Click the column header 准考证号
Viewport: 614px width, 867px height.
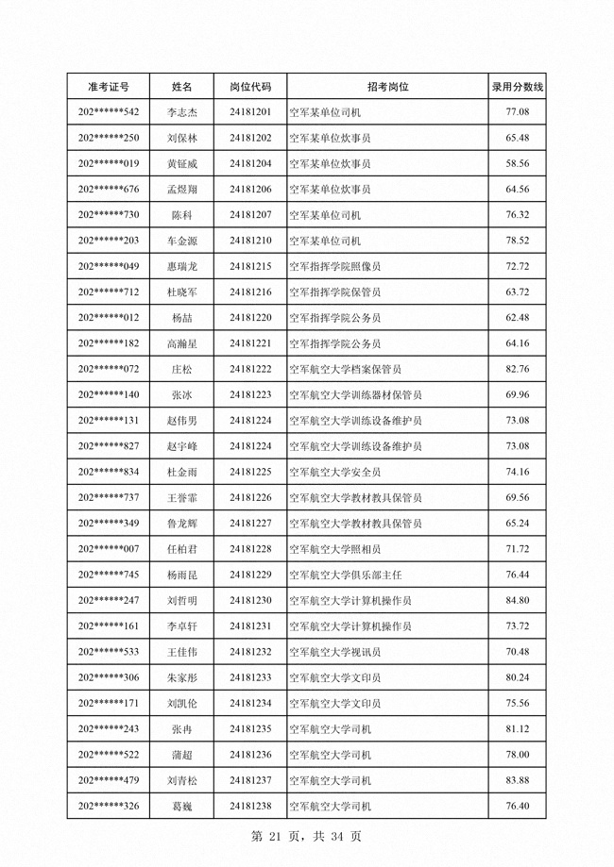(109, 87)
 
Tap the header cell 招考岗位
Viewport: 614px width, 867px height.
(387, 87)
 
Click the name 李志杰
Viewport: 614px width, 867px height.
(182, 112)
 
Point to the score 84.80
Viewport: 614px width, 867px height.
(517, 600)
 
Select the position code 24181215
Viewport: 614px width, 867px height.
(250, 266)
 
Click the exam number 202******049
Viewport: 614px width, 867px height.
(109, 266)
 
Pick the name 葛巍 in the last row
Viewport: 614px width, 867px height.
(182, 806)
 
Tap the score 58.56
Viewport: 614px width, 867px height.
(517, 163)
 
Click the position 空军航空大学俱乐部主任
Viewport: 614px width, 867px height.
(350, 575)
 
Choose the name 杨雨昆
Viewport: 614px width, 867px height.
(182, 575)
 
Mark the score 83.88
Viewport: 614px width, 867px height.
(517, 780)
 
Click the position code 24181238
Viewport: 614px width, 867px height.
(250, 806)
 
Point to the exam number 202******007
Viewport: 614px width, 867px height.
(109, 549)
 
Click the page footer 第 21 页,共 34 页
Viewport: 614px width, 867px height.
(306, 836)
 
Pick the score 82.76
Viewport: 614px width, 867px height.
(517, 369)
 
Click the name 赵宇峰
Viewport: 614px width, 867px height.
(182, 446)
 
